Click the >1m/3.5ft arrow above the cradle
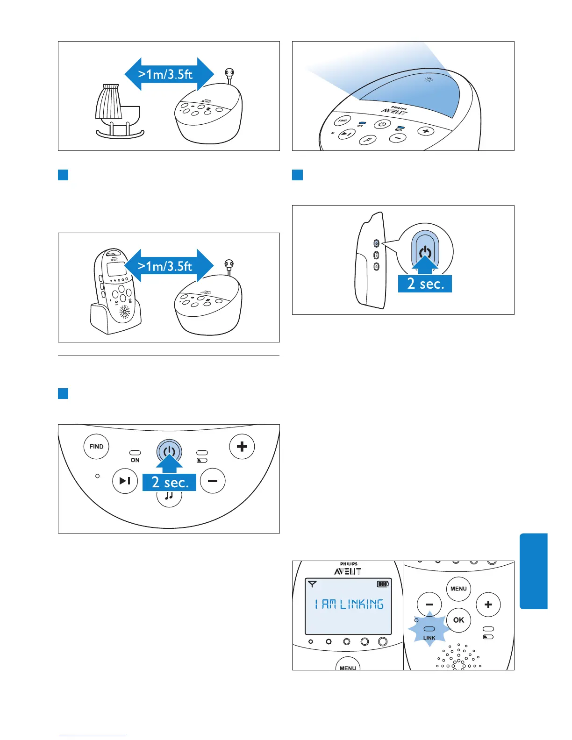pyautogui.click(x=169, y=74)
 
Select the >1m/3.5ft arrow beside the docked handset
pyautogui.click(x=169, y=266)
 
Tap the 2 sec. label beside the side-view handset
pyautogui.click(x=425, y=284)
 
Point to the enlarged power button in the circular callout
pyautogui.click(x=425, y=253)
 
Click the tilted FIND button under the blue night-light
pyautogui.click(x=343, y=121)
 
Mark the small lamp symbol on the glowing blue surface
pyautogui.click(x=428, y=79)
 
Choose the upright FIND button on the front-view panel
pyautogui.click(x=96, y=447)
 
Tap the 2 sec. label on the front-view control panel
pyautogui.click(x=169, y=482)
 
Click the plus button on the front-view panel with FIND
pyautogui.click(x=242, y=447)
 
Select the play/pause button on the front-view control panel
pyautogui.click(x=125, y=481)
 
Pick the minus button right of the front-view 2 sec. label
pyautogui.click(x=213, y=481)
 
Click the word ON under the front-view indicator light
pyautogui.click(x=135, y=460)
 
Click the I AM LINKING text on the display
pyautogui.click(x=349, y=604)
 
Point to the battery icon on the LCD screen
pyautogui.click(x=383, y=584)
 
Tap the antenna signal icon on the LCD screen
pyautogui.click(x=313, y=584)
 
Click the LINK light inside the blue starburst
pyautogui.click(x=429, y=629)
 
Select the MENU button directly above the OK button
pyautogui.click(x=458, y=589)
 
